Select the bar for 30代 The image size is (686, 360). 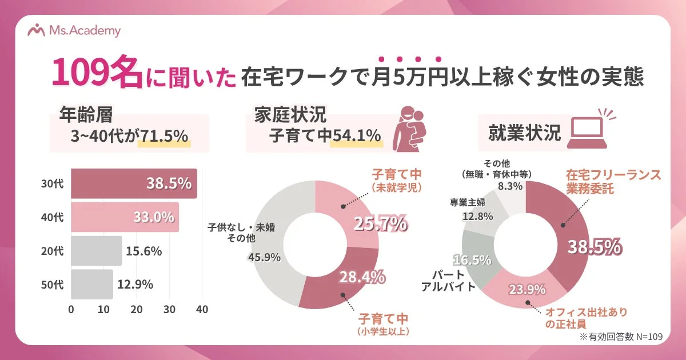click(x=134, y=183)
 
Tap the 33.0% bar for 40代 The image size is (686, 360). click(x=125, y=217)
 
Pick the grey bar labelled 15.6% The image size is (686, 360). click(x=96, y=251)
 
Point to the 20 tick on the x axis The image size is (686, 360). click(x=137, y=309)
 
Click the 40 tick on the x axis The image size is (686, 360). click(x=202, y=309)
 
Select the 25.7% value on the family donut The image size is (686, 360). click(x=380, y=224)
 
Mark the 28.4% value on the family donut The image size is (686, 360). click(x=361, y=278)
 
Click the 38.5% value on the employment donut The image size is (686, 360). click(x=594, y=247)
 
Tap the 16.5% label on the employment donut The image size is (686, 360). click(x=472, y=260)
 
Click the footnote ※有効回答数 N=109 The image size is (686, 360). click(x=620, y=337)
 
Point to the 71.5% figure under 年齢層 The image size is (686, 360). click(x=163, y=135)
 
